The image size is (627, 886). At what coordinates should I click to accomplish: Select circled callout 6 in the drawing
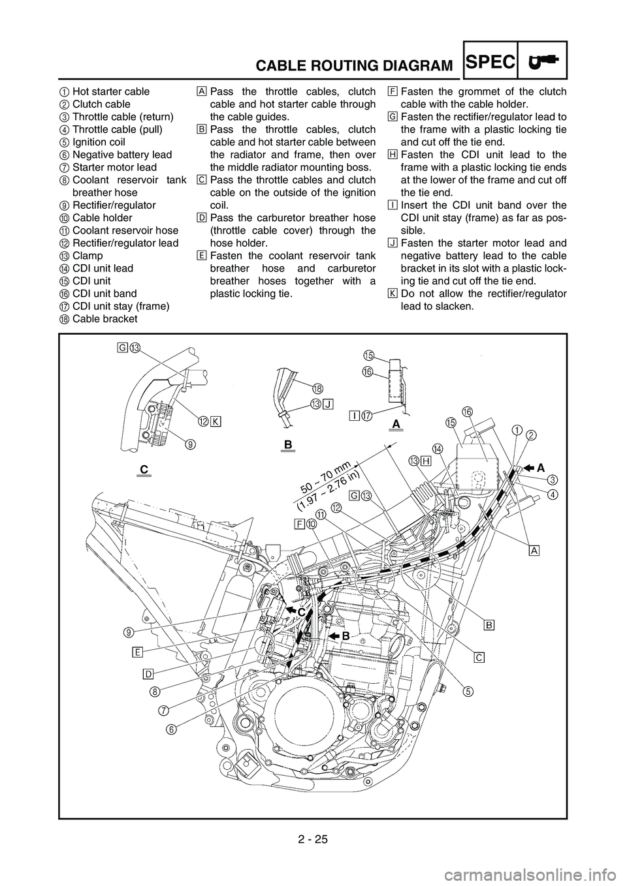170,729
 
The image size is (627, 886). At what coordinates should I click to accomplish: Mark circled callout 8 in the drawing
155,691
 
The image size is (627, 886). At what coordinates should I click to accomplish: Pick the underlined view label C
144,470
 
